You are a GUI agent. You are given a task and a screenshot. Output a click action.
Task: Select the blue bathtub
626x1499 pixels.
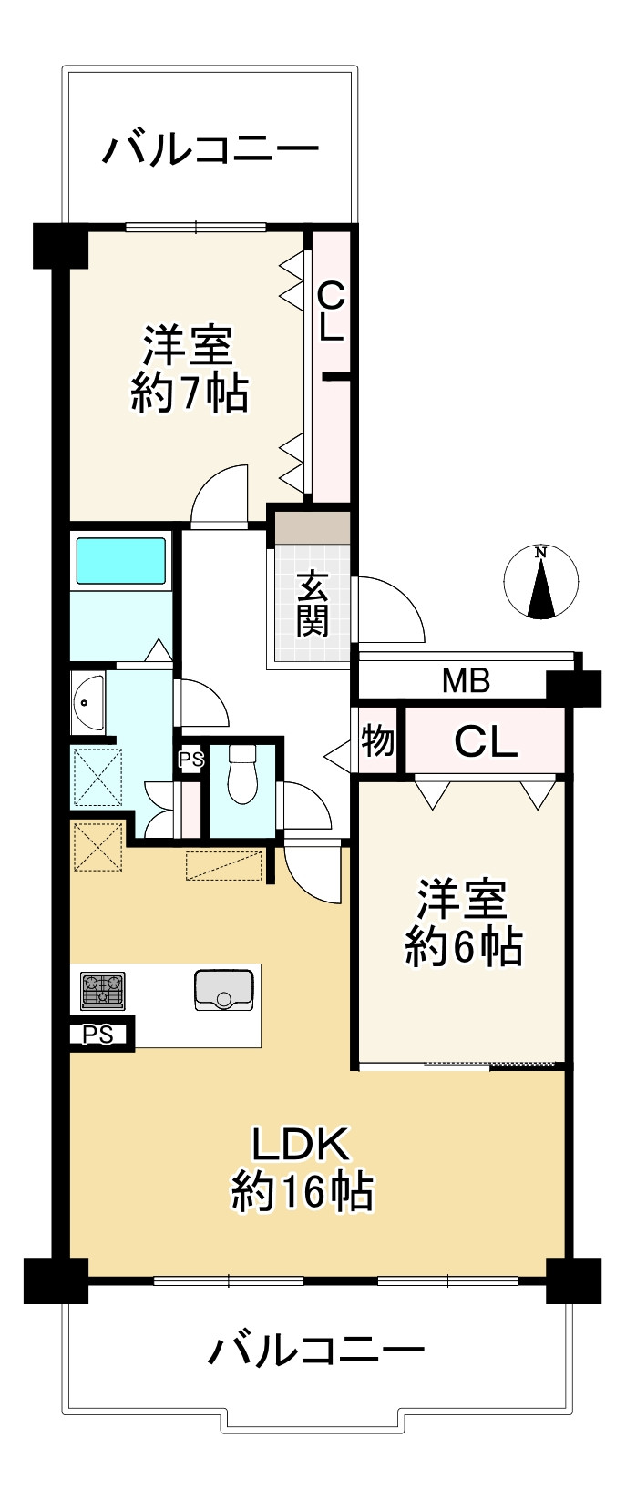pos(121,560)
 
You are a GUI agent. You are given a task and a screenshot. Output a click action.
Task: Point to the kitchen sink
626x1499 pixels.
pos(223,990)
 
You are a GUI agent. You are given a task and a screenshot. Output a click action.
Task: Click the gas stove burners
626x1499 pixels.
pos(102,991)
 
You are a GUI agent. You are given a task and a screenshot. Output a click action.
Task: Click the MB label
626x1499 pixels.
pos(467,680)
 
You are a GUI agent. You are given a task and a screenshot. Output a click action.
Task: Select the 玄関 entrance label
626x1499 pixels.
pos(312,603)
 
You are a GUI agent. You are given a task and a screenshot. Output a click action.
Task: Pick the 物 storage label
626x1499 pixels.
pos(378,741)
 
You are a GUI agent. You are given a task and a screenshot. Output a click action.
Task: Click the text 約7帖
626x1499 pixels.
pos(189,393)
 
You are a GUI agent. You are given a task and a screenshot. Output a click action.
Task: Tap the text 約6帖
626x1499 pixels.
pos(463,947)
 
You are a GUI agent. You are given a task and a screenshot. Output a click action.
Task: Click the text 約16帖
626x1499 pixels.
pos(302,1190)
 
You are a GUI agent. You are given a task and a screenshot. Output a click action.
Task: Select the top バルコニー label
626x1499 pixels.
pos(210,149)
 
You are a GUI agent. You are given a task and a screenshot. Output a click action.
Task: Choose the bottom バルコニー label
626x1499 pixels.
pos(316,1350)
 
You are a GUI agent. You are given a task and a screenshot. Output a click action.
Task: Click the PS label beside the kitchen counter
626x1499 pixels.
pos(98,1035)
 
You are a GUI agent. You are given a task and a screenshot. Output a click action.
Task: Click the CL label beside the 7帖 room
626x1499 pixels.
pos(331,311)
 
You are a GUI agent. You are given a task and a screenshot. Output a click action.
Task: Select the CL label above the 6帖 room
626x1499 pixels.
pos(486,742)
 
